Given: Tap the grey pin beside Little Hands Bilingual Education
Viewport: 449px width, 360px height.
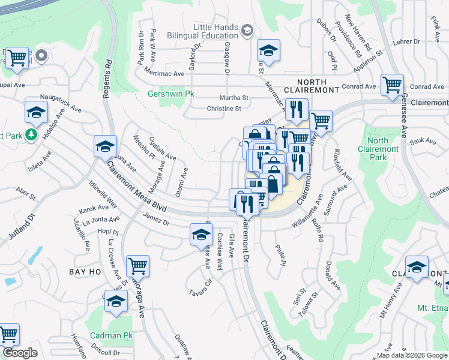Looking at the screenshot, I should point(247,30).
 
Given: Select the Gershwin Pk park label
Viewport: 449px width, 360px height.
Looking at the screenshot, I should point(171,94).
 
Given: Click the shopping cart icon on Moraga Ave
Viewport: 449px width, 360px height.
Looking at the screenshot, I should point(138,265).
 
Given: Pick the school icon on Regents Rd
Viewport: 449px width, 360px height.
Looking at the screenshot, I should point(105,146).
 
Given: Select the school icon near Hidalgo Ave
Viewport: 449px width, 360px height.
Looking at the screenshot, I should point(36,112).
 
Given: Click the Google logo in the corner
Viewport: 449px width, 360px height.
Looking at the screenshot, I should point(20,353).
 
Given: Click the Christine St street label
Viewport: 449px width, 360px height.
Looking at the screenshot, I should point(223,109).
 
